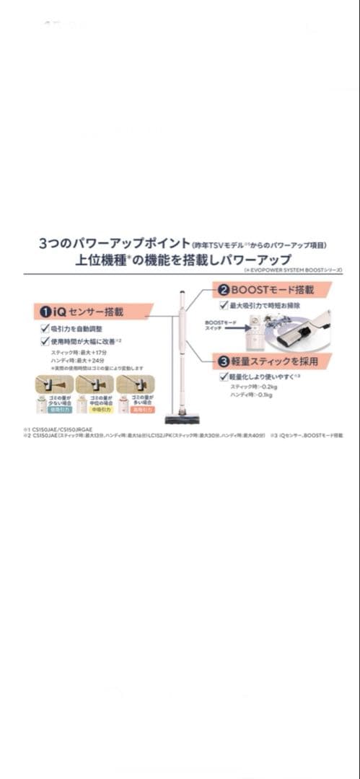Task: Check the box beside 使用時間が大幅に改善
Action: pos(44,340)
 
